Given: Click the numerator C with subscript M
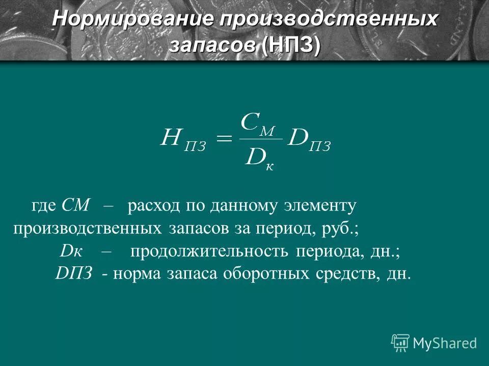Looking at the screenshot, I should tap(258, 124).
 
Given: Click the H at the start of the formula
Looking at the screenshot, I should tap(171, 138).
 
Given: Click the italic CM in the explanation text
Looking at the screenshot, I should tap(75, 206).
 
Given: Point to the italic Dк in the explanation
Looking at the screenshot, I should tap(71, 251).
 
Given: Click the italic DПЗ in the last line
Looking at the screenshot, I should tap(73, 273).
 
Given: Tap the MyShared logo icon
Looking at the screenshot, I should tap(400, 343).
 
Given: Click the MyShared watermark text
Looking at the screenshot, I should tap(445, 344).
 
